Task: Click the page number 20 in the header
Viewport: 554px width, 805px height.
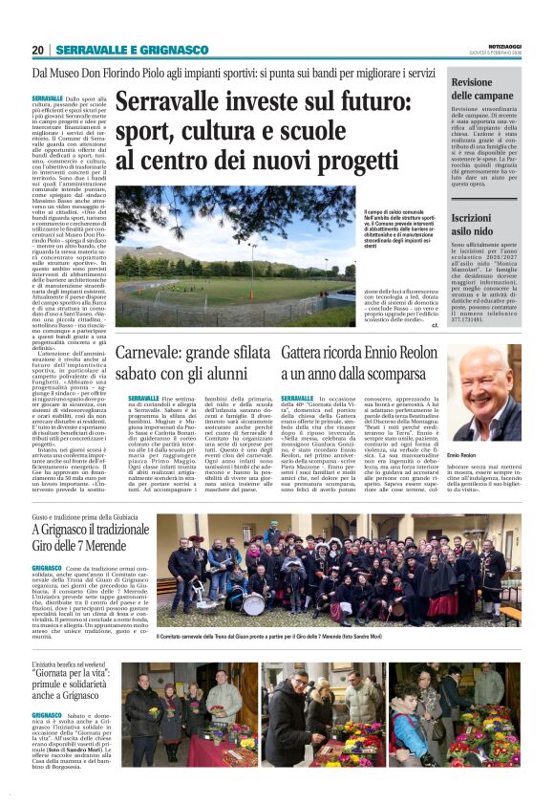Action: (x=38, y=49)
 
